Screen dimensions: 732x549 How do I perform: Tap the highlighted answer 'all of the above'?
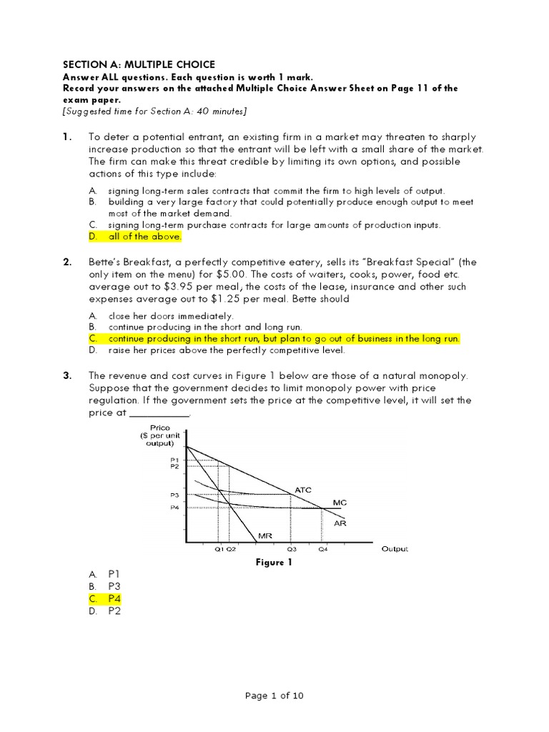point(144,237)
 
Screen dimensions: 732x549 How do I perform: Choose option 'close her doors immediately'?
point(170,315)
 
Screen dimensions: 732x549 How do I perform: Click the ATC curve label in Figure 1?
point(303,489)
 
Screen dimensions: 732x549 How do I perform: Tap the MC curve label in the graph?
point(340,503)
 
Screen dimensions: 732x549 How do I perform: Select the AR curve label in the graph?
point(340,523)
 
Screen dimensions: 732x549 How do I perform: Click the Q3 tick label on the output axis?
point(292,550)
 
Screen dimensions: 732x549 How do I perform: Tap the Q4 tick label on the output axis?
point(323,550)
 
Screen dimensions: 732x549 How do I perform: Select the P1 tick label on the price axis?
point(175,460)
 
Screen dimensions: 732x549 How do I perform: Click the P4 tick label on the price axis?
point(175,508)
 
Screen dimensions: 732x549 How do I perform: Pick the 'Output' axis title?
point(395,549)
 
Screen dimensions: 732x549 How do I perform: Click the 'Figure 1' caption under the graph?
point(274,563)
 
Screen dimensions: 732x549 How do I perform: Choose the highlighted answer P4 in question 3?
point(115,598)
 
